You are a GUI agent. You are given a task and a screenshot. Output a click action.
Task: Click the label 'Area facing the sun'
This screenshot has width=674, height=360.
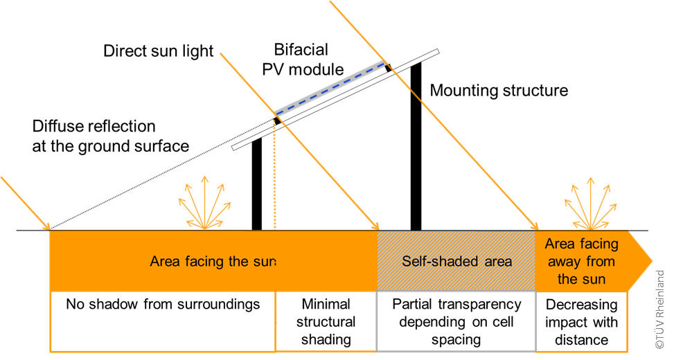click(x=213, y=262)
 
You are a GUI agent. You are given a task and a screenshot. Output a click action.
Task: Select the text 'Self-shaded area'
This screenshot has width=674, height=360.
click(x=456, y=262)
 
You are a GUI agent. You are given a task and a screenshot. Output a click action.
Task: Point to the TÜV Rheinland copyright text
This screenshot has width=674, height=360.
click(x=659, y=309)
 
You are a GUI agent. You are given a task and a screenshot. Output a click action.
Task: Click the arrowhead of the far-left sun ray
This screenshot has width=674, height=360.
click(x=48, y=226)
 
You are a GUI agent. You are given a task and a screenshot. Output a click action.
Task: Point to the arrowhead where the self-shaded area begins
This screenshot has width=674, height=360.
click(x=377, y=226)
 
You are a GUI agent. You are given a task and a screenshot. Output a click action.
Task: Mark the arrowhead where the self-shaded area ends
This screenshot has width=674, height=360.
click(x=535, y=226)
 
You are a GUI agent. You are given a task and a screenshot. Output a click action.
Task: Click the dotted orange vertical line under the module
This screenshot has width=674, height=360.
click(x=274, y=180)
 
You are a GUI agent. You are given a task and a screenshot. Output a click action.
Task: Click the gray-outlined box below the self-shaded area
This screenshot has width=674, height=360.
click(x=456, y=321)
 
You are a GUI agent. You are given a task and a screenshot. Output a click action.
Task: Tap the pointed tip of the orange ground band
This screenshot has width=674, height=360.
click(x=650, y=262)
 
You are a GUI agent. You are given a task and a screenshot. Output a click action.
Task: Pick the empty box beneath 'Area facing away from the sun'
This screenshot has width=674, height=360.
click(x=581, y=321)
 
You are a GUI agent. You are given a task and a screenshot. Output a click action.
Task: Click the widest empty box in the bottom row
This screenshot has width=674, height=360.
click(x=163, y=321)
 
